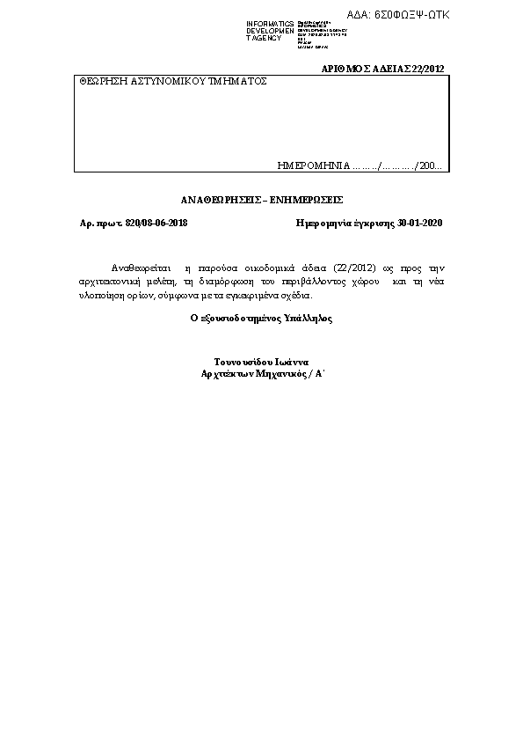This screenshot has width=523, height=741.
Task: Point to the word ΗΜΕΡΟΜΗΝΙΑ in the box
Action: click(x=313, y=165)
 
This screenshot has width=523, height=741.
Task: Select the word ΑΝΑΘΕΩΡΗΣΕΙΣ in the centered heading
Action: click(x=222, y=200)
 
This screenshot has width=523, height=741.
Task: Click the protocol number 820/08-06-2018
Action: click(x=156, y=224)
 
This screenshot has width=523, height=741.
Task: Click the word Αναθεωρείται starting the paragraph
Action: click(x=139, y=267)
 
